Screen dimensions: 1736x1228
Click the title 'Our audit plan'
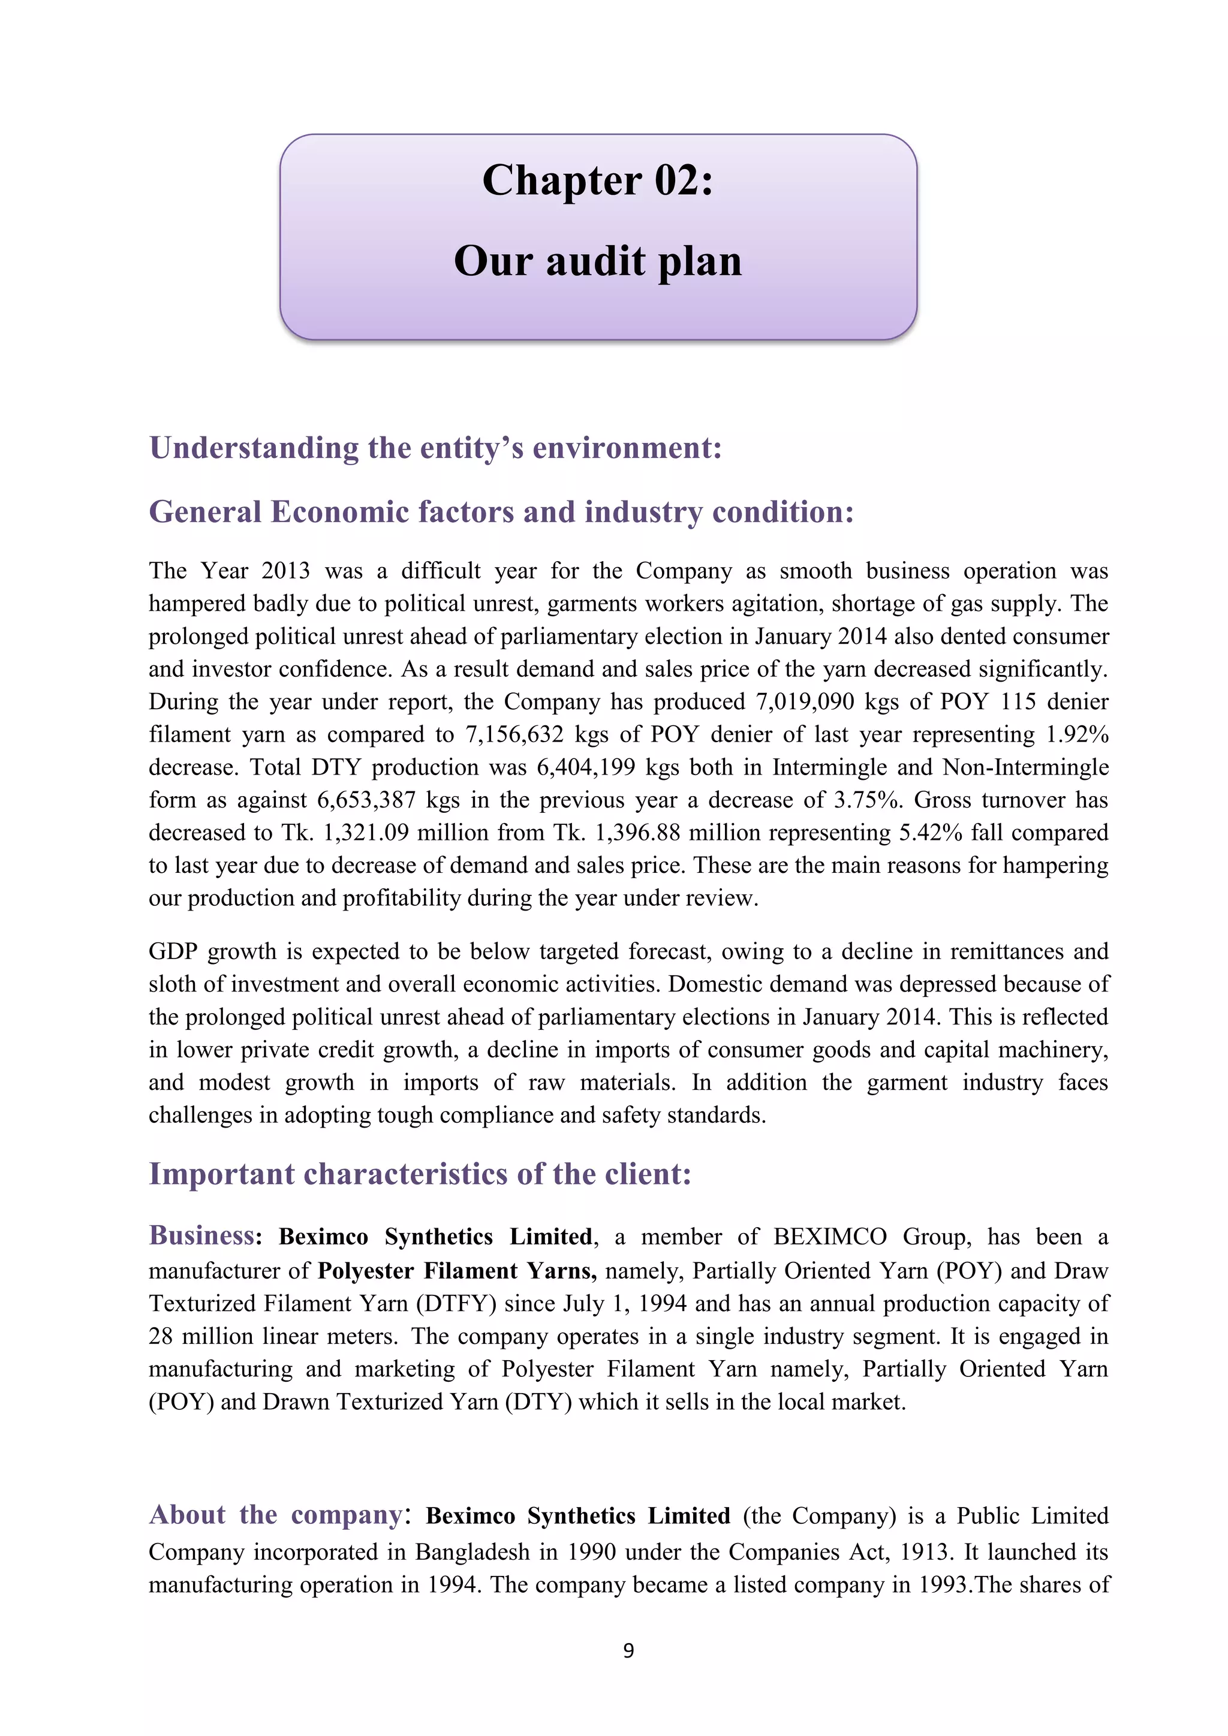pyautogui.click(x=597, y=261)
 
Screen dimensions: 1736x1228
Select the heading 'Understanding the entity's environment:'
pyautogui.click(x=435, y=448)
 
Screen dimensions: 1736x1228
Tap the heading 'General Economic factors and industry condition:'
pyautogui.click(x=501, y=513)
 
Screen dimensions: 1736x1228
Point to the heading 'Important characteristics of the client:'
pyautogui.click(x=420, y=1174)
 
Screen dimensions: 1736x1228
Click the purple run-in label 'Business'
pyautogui.click(x=201, y=1235)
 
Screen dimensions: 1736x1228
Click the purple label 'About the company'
pyautogui.click(x=276, y=1514)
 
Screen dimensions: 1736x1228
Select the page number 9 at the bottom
pyautogui.click(x=628, y=1650)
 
